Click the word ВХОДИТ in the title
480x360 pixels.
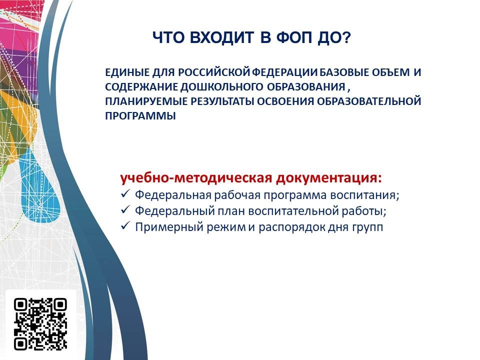coord(221,37)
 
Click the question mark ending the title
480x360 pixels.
coord(346,37)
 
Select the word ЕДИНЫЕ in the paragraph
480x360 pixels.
coord(127,72)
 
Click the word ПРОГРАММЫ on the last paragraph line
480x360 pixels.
coord(140,116)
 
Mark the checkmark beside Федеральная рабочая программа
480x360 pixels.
coord(125,194)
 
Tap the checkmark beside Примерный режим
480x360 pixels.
coord(125,226)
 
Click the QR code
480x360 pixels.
coord(40,324)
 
